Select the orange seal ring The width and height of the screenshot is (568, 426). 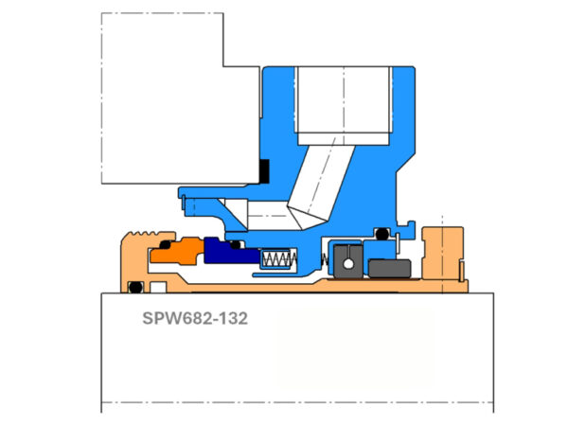click(x=174, y=252)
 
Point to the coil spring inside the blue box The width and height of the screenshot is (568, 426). click(x=278, y=258)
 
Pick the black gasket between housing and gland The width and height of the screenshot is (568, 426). click(x=264, y=171)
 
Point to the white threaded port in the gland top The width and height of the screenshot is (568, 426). click(x=344, y=98)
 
